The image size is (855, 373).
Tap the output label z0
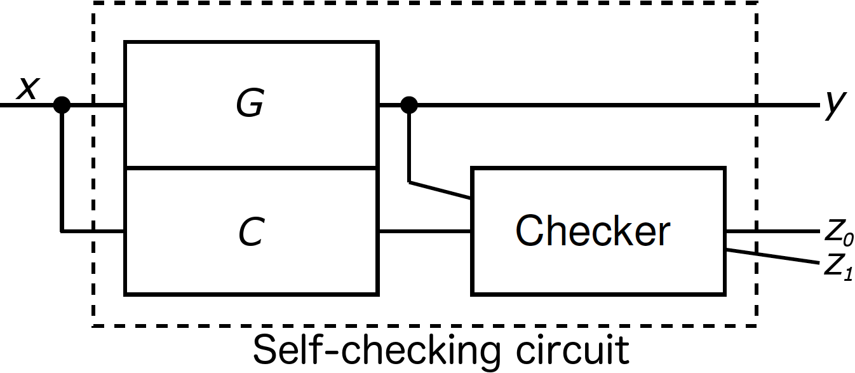click(x=838, y=234)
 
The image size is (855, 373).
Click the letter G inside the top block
click(x=250, y=105)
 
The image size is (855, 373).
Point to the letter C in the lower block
click(x=252, y=233)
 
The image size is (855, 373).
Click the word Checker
click(x=592, y=231)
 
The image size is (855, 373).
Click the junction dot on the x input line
click(x=62, y=105)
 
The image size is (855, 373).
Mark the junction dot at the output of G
click(x=409, y=105)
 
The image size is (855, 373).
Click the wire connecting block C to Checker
click(x=424, y=231)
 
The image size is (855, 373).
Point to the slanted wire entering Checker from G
click(x=440, y=191)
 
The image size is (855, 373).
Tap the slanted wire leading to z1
click(x=772, y=257)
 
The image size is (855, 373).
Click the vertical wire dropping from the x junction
click(x=62, y=172)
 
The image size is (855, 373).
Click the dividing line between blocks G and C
click(x=252, y=168)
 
